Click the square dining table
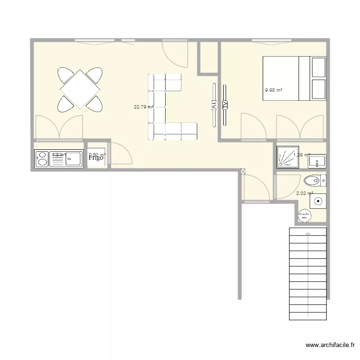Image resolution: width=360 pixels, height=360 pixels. pos(80,89)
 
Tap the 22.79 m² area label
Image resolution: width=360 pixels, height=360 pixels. pos(144,107)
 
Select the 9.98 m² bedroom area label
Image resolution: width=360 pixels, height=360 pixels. pos(274,90)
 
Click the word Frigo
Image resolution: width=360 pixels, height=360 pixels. pos(96,159)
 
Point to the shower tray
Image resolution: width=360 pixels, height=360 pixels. pos(288,157)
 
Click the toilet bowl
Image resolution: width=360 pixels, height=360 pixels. pos(312,180)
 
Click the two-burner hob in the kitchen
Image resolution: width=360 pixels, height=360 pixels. pos(42,159)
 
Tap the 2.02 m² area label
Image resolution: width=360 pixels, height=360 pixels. pos(305,193)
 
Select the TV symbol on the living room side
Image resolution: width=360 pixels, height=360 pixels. pos(213,104)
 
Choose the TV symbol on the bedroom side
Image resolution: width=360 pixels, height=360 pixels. pos(225,104)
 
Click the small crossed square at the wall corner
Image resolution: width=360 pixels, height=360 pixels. pos(242,171)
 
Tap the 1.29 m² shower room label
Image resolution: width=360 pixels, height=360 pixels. pos(301,155)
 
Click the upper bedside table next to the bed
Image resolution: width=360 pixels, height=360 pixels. pos(319,68)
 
